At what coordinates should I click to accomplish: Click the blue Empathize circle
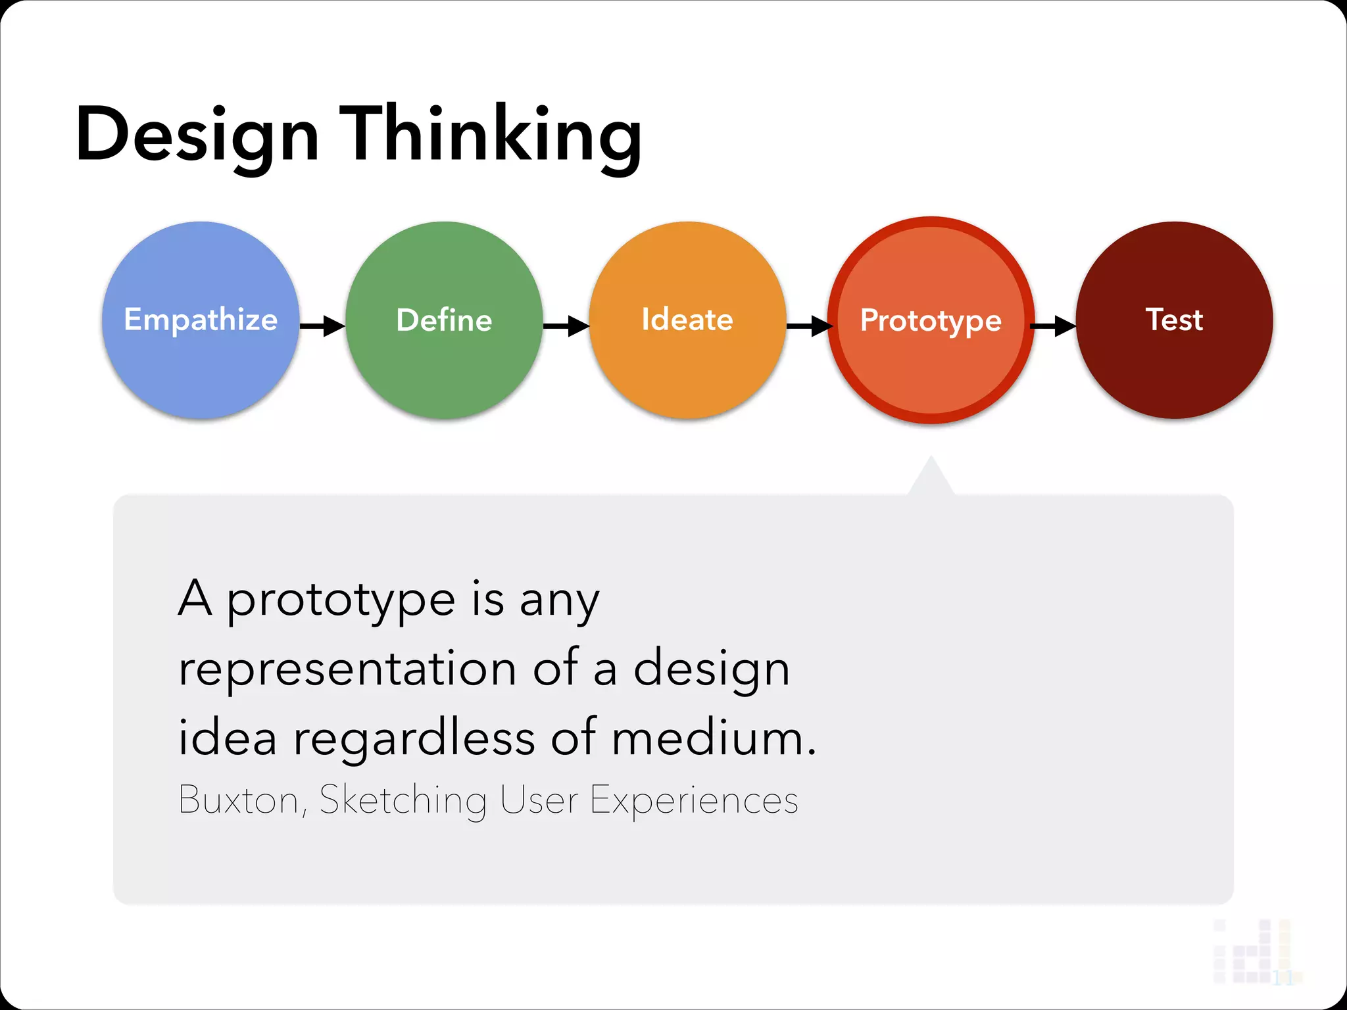[201, 320]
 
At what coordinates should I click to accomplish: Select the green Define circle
[444, 320]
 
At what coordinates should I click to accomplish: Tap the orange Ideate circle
[687, 320]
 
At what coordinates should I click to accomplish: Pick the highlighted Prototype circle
[931, 320]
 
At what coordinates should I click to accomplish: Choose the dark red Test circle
[1174, 320]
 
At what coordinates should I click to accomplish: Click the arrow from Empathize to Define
[322, 325]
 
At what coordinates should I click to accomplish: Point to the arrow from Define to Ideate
[566, 325]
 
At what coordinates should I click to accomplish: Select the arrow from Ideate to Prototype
[809, 325]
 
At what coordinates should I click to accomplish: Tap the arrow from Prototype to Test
[1053, 325]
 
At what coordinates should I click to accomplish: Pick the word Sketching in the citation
[403, 800]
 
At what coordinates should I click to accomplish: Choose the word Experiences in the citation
[694, 800]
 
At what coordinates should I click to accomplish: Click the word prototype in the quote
[341, 601]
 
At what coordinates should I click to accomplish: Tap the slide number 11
[1282, 978]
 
